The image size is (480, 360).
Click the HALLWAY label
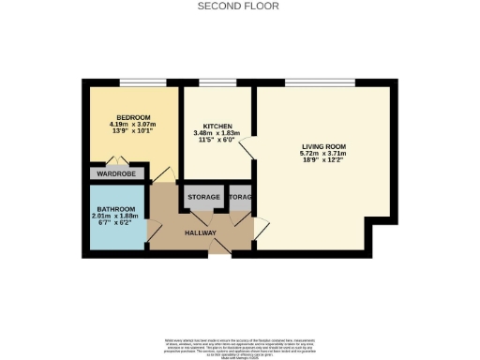pos(201,232)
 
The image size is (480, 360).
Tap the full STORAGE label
pos(204,198)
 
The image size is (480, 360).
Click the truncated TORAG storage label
pos(241,198)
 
